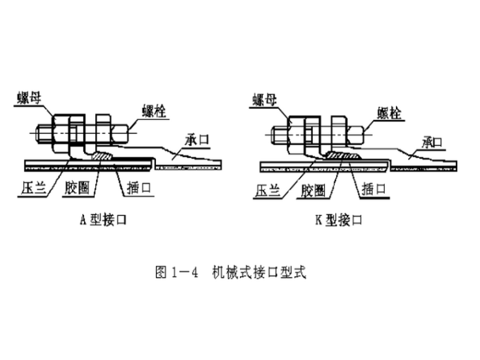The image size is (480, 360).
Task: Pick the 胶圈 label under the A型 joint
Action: point(80,188)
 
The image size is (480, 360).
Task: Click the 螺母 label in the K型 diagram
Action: point(267,99)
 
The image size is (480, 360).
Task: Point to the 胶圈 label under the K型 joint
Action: point(314,188)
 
